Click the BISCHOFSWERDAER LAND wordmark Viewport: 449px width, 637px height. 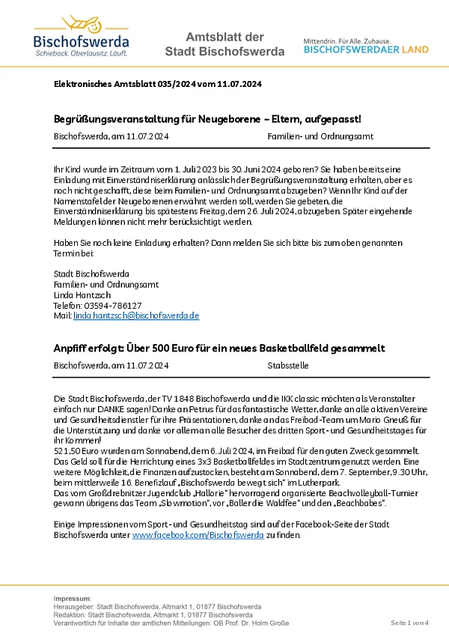tap(366, 49)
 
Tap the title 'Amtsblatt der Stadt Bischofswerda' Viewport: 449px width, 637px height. tap(224, 44)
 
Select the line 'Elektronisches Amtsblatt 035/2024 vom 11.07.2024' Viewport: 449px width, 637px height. tap(157, 85)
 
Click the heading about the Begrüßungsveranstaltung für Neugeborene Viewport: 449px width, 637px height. tap(207, 119)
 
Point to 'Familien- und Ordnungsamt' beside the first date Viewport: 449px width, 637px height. tap(320, 136)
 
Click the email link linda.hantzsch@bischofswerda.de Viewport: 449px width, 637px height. tap(135, 316)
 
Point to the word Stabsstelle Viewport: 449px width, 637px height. tap(287, 366)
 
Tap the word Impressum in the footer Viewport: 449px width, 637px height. tap(72, 598)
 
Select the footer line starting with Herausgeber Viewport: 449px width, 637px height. tap(157, 606)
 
